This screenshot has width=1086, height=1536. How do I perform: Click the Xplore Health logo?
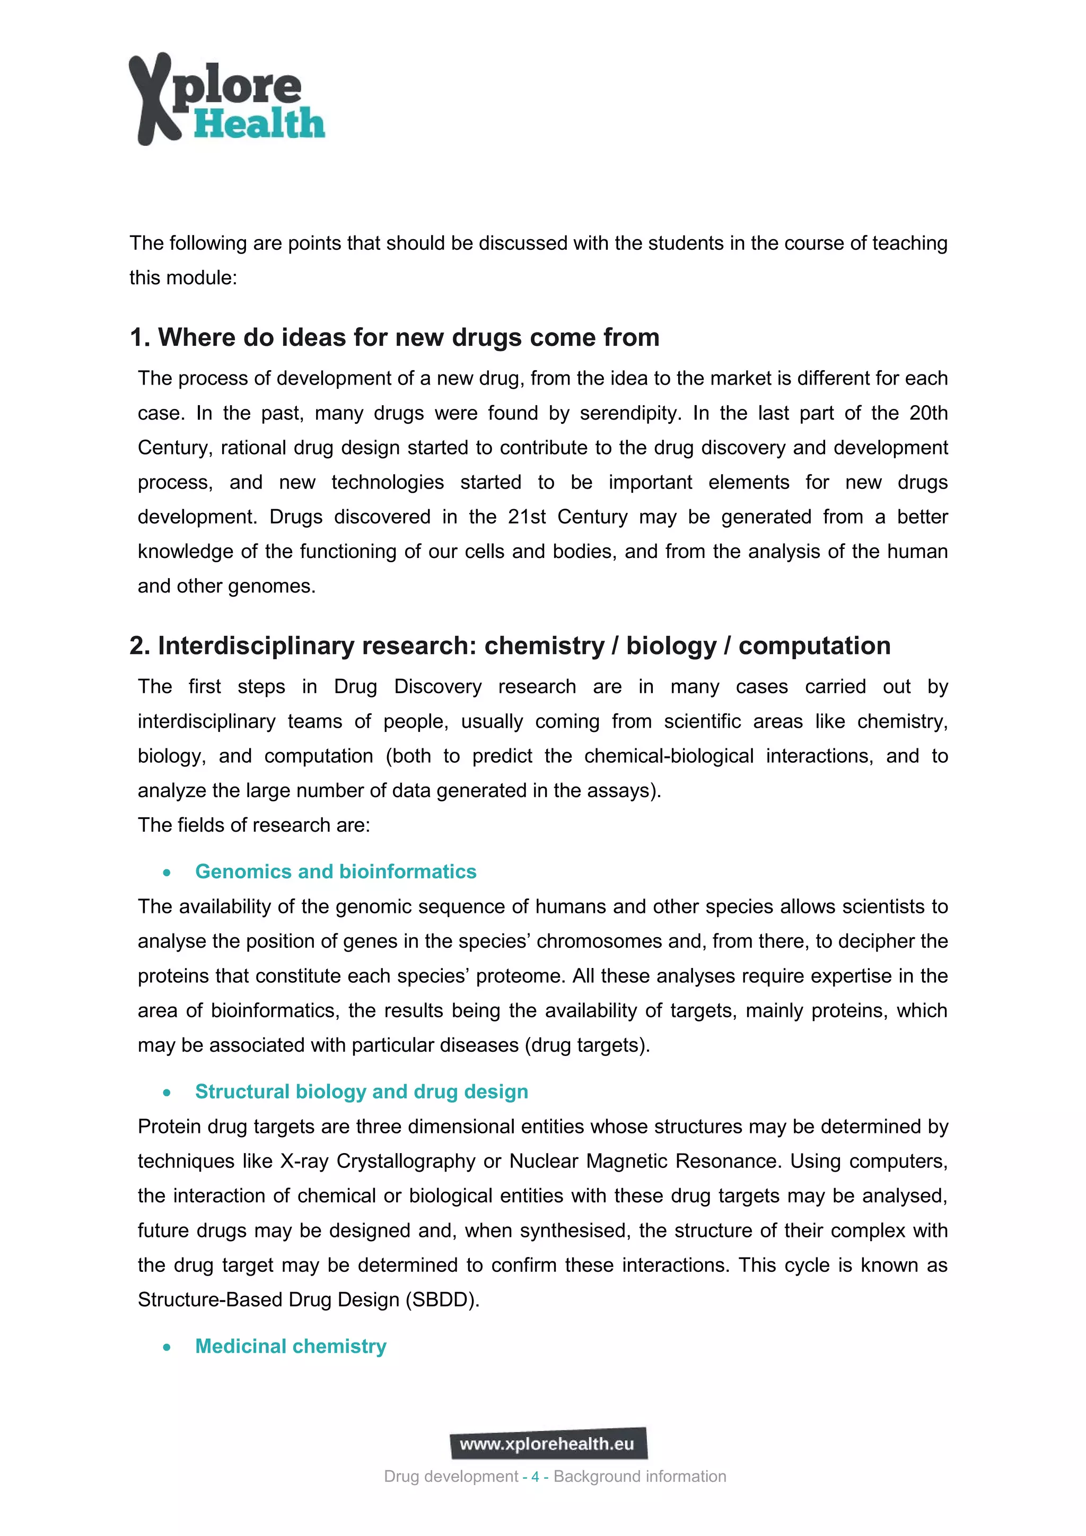point(226,99)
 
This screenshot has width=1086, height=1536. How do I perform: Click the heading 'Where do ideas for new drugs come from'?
point(395,337)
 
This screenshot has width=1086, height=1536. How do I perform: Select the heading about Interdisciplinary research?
point(510,645)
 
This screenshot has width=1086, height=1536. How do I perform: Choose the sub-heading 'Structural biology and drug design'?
point(361,1091)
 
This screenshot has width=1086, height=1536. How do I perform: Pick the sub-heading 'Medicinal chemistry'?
point(291,1346)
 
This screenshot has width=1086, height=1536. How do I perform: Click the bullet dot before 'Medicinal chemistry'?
point(167,1347)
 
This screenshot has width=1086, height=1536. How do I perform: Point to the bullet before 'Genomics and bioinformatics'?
point(167,872)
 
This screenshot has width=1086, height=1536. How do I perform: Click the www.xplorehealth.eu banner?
point(548,1444)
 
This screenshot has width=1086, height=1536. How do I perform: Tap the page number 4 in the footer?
point(535,1477)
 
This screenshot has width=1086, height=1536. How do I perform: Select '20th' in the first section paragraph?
point(928,413)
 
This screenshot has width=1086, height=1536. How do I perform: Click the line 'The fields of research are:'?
point(253,825)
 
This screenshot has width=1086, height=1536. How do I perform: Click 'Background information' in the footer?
point(640,1477)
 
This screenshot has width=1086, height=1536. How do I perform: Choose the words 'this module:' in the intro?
point(183,277)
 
